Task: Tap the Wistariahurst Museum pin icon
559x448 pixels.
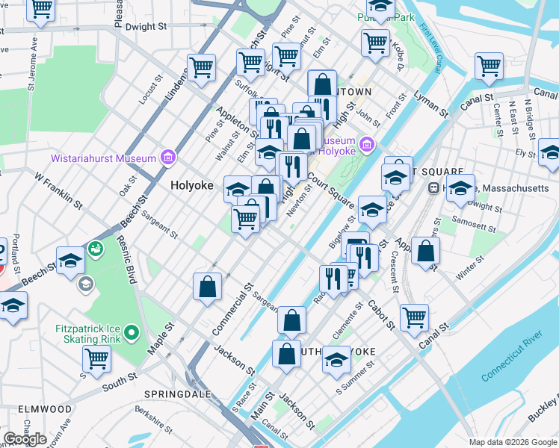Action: point(167,158)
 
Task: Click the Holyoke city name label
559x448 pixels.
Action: point(192,185)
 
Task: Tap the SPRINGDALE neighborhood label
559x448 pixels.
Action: point(173,391)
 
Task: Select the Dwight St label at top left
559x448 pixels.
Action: point(146,26)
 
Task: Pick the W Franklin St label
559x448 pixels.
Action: point(58,188)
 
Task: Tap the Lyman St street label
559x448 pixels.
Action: point(433,105)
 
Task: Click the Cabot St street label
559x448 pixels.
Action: point(380,315)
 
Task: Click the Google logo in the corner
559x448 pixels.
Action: point(25,438)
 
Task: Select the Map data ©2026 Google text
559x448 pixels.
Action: point(512,442)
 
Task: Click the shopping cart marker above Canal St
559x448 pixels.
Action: point(413,316)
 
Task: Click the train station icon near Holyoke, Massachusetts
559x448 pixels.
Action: point(432,188)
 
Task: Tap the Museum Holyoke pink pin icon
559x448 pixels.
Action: point(365,143)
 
